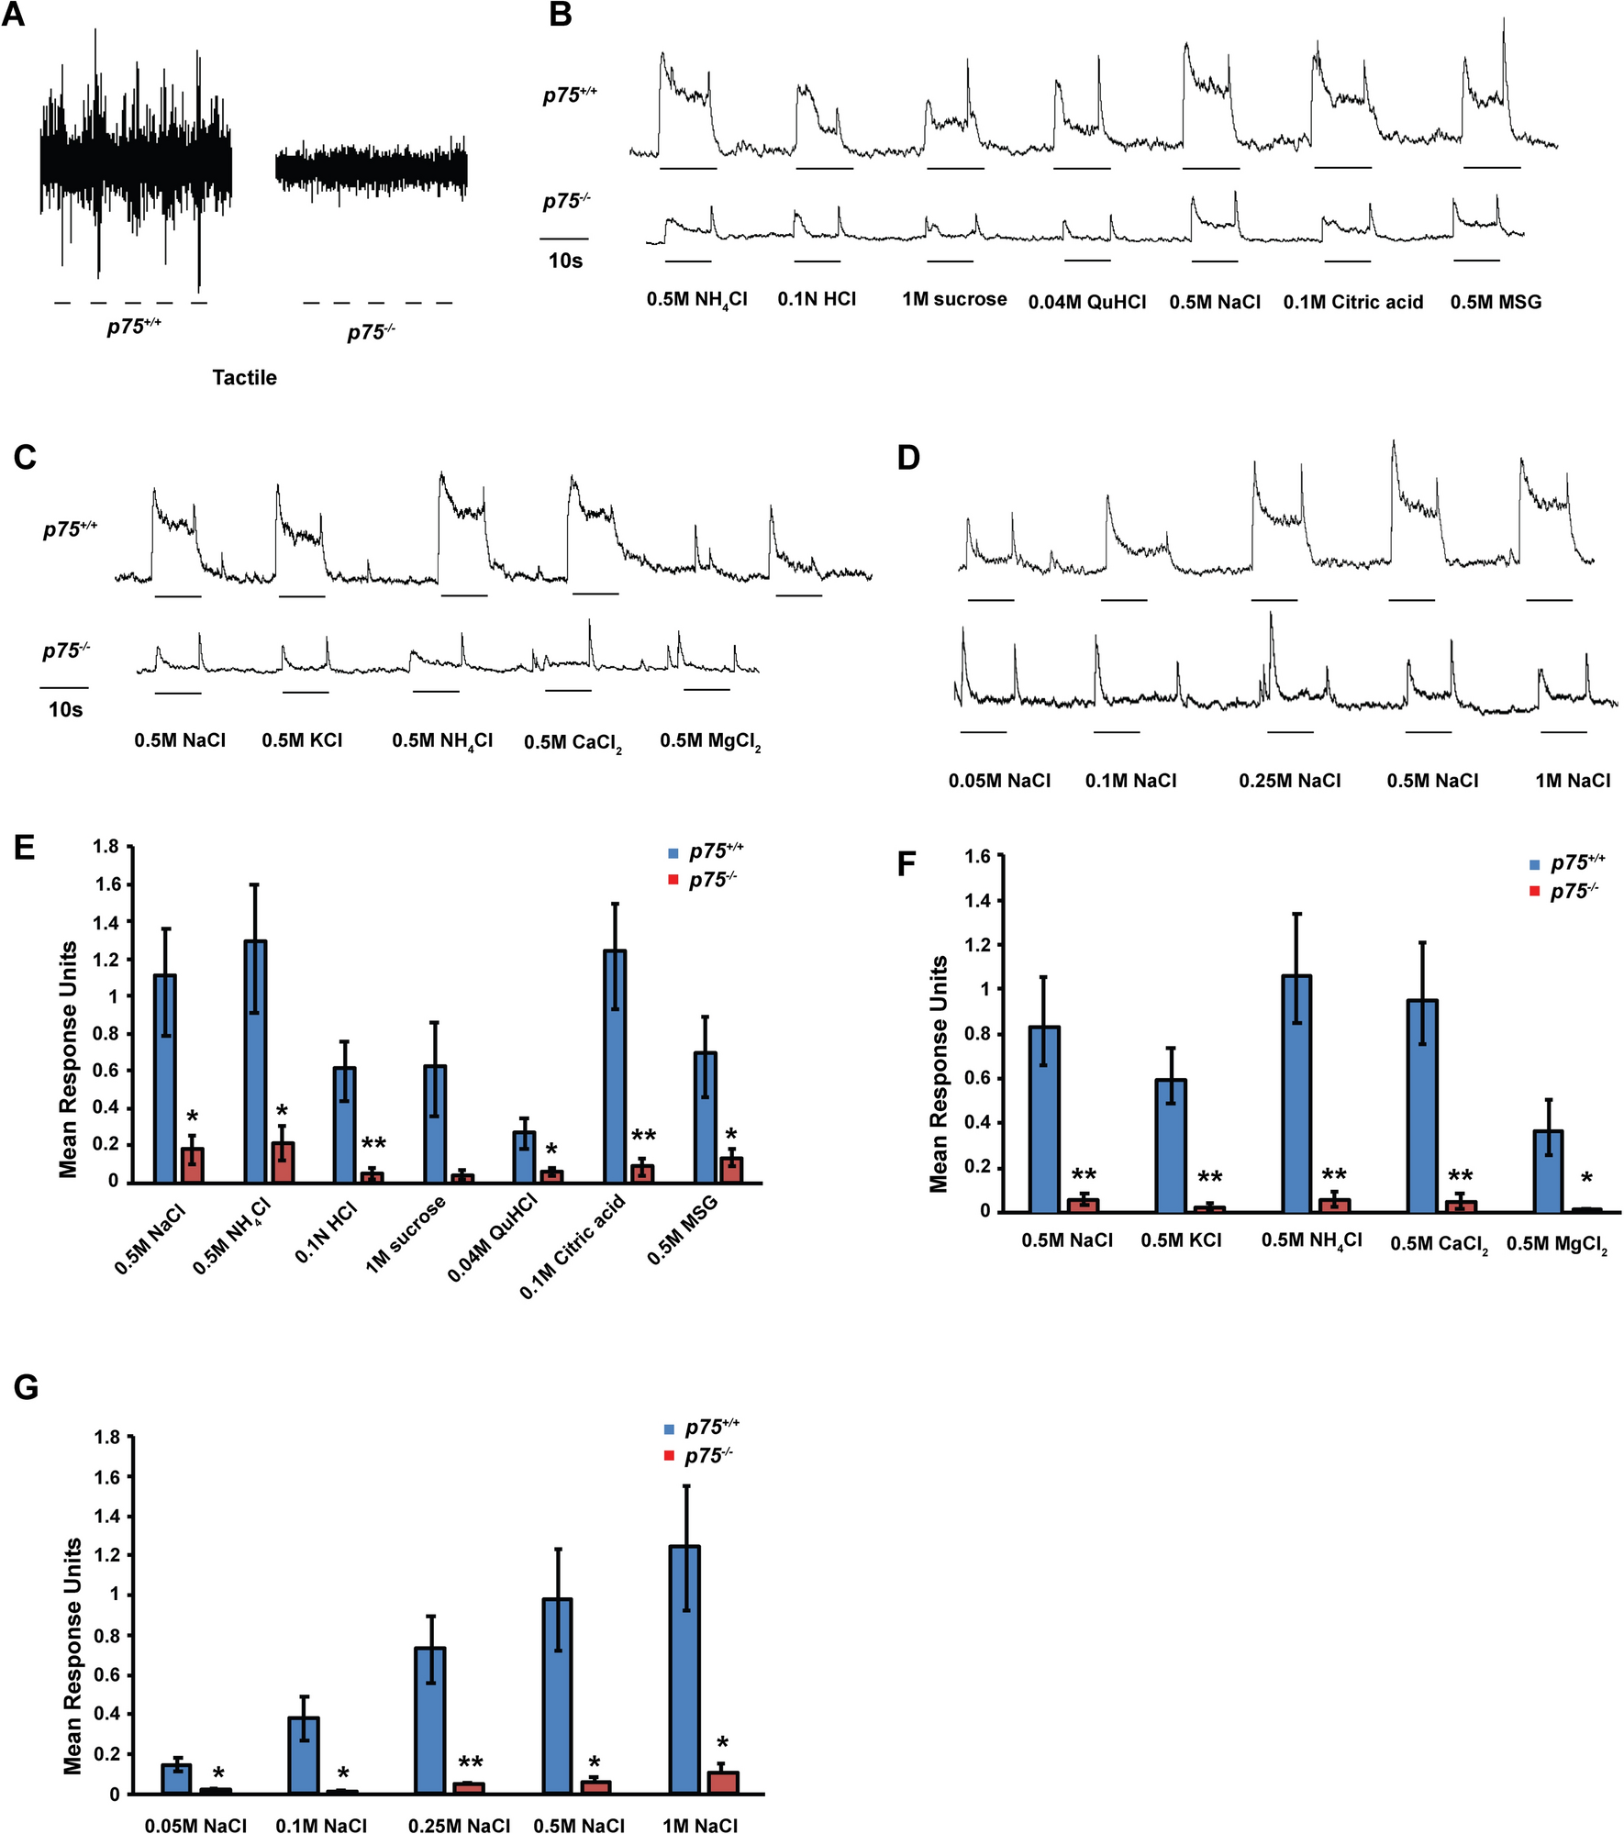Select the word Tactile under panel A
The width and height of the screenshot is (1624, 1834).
(244, 377)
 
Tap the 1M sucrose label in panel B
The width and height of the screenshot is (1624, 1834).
(954, 299)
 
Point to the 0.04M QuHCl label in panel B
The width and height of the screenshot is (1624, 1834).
(1087, 302)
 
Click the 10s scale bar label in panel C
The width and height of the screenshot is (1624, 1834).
(65, 709)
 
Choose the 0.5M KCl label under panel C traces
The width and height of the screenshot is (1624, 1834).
(302, 740)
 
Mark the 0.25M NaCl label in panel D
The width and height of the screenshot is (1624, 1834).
(1289, 781)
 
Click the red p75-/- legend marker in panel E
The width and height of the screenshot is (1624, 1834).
(673, 881)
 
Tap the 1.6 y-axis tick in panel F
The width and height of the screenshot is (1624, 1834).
(978, 857)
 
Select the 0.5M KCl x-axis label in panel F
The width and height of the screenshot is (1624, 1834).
(1181, 1240)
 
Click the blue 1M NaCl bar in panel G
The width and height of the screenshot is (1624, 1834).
(685, 1669)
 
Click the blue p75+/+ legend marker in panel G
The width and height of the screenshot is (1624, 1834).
(669, 1428)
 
